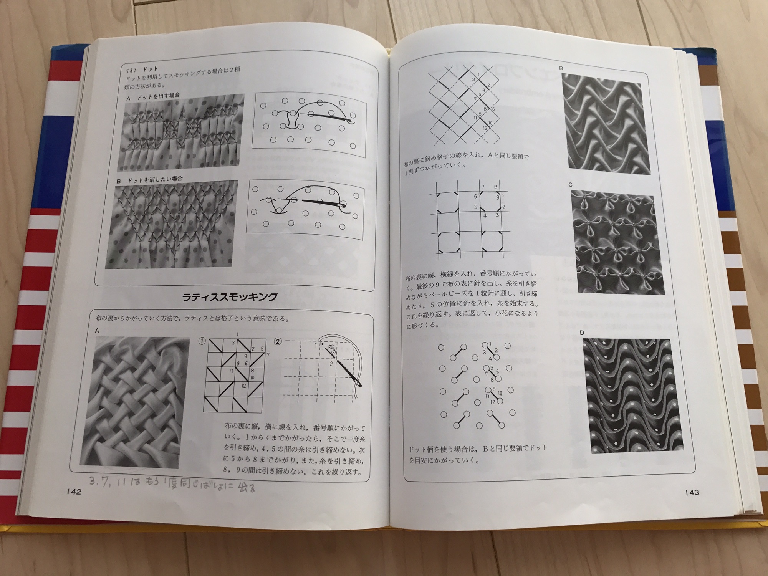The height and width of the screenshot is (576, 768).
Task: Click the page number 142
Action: point(73,492)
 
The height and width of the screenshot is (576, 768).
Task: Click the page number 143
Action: point(691,492)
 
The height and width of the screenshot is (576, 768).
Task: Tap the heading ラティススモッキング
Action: point(229,296)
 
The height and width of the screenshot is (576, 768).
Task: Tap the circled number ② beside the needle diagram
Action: point(277,341)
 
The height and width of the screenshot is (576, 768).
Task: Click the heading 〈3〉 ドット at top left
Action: point(142,70)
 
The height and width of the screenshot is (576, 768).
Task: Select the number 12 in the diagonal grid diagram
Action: point(485,128)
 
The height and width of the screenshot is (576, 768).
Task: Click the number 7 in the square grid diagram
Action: point(483,187)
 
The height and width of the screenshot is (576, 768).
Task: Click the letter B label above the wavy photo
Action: point(561,68)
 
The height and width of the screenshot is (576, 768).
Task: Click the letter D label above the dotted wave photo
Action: point(582,333)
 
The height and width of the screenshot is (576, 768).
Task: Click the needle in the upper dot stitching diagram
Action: point(330,117)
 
